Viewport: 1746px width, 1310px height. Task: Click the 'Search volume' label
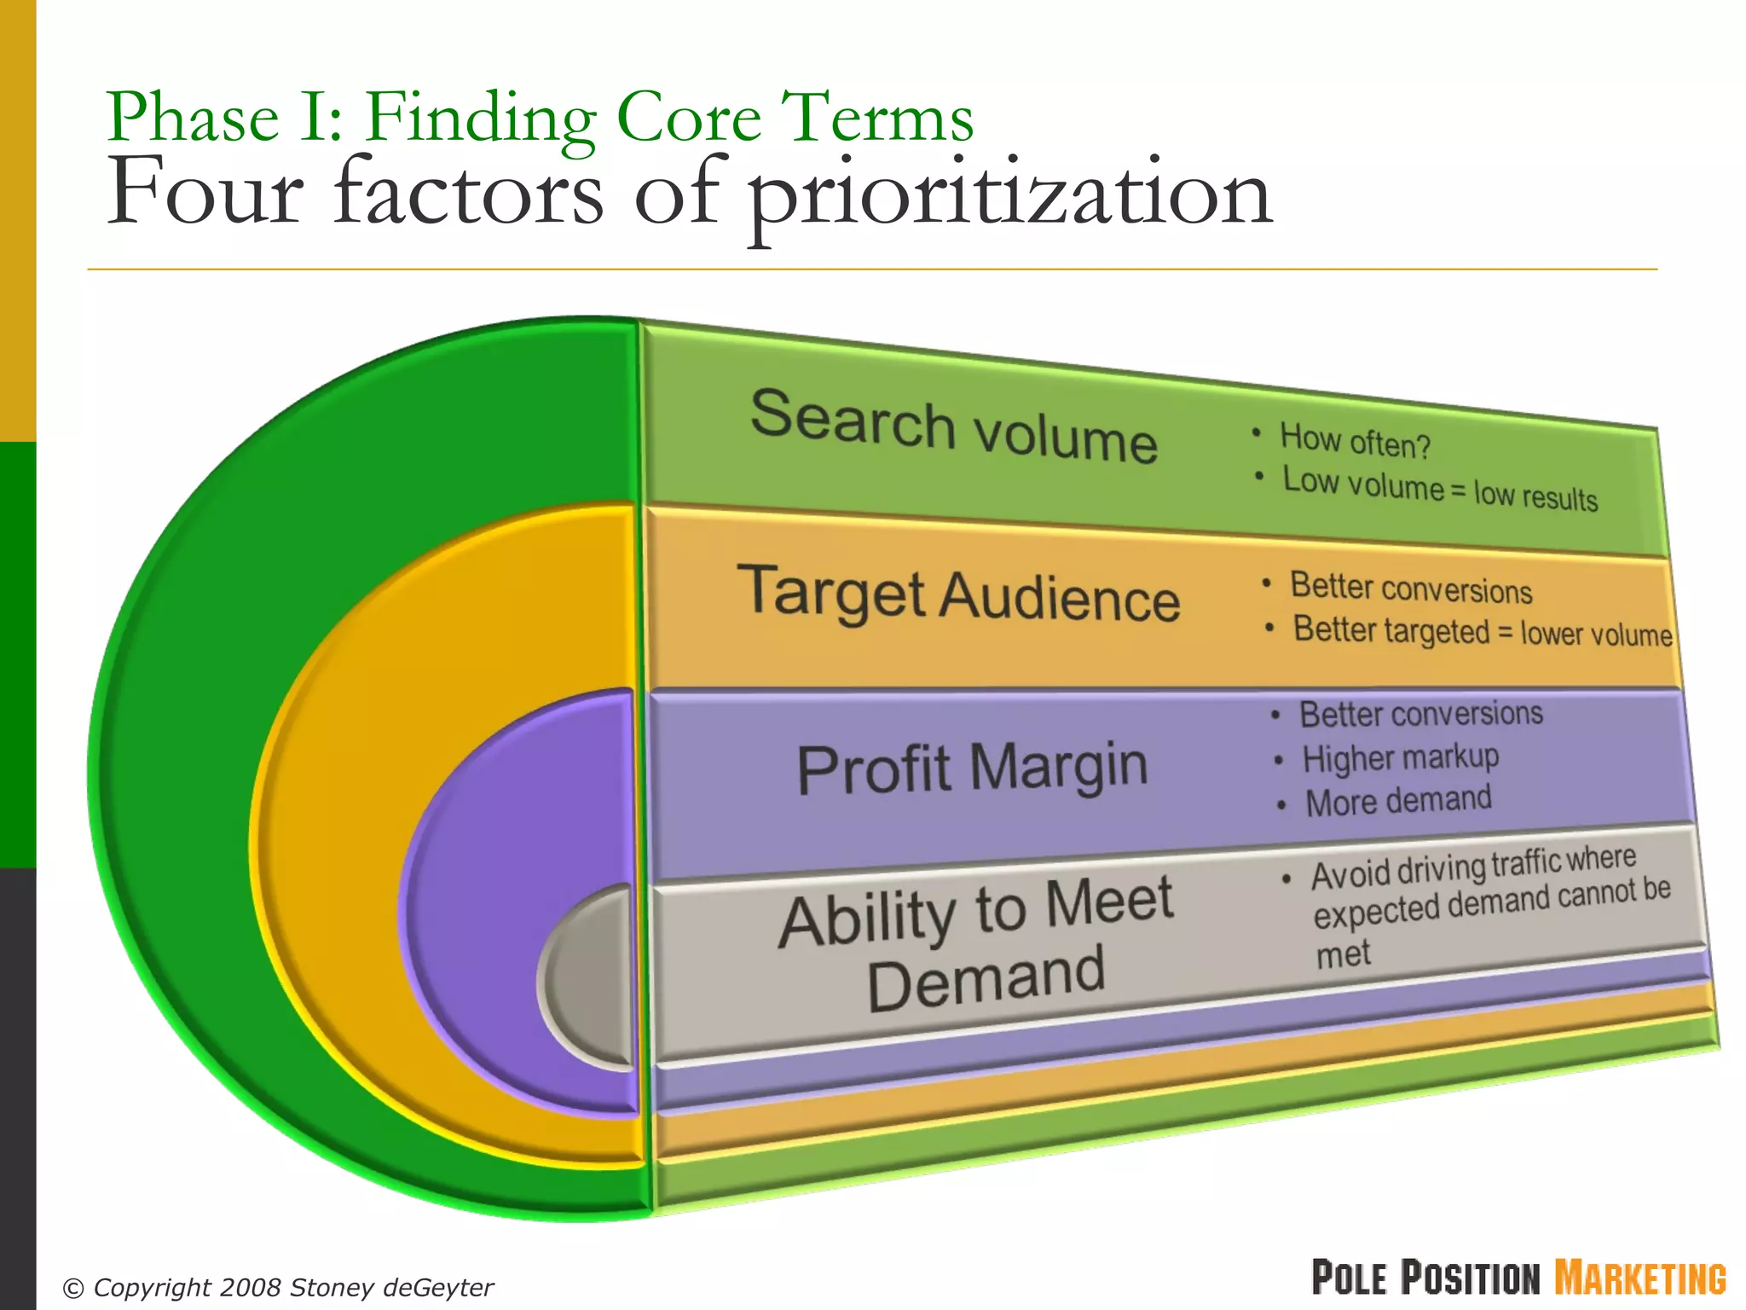click(x=953, y=427)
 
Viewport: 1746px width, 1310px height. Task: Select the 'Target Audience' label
click(x=958, y=594)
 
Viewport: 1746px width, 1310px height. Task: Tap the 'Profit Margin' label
click(x=972, y=768)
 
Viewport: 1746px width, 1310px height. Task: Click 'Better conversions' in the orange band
click(x=1411, y=588)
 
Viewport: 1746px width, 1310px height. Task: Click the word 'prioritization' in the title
click(x=1009, y=196)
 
